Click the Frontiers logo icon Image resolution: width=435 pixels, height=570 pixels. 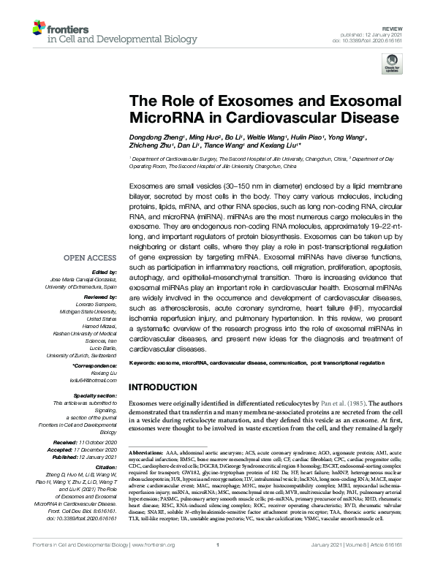[x=36, y=29]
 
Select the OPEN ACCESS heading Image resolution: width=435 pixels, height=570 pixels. [x=90, y=258]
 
